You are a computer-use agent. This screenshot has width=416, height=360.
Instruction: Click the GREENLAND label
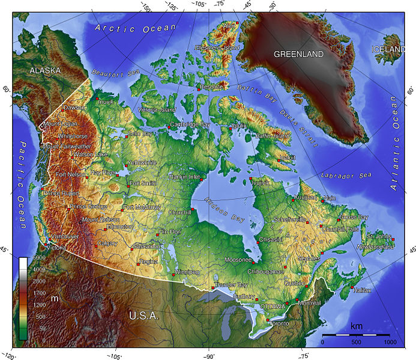(298, 54)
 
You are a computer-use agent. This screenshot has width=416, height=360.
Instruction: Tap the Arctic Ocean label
(135, 28)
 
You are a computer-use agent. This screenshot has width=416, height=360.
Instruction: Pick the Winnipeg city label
(187, 272)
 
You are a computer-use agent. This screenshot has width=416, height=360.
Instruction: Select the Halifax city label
(363, 290)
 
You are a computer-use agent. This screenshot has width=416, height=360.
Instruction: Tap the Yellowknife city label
(142, 162)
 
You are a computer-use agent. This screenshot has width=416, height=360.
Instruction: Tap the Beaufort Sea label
(121, 74)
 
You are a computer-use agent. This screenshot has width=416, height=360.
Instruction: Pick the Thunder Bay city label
(231, 284)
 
